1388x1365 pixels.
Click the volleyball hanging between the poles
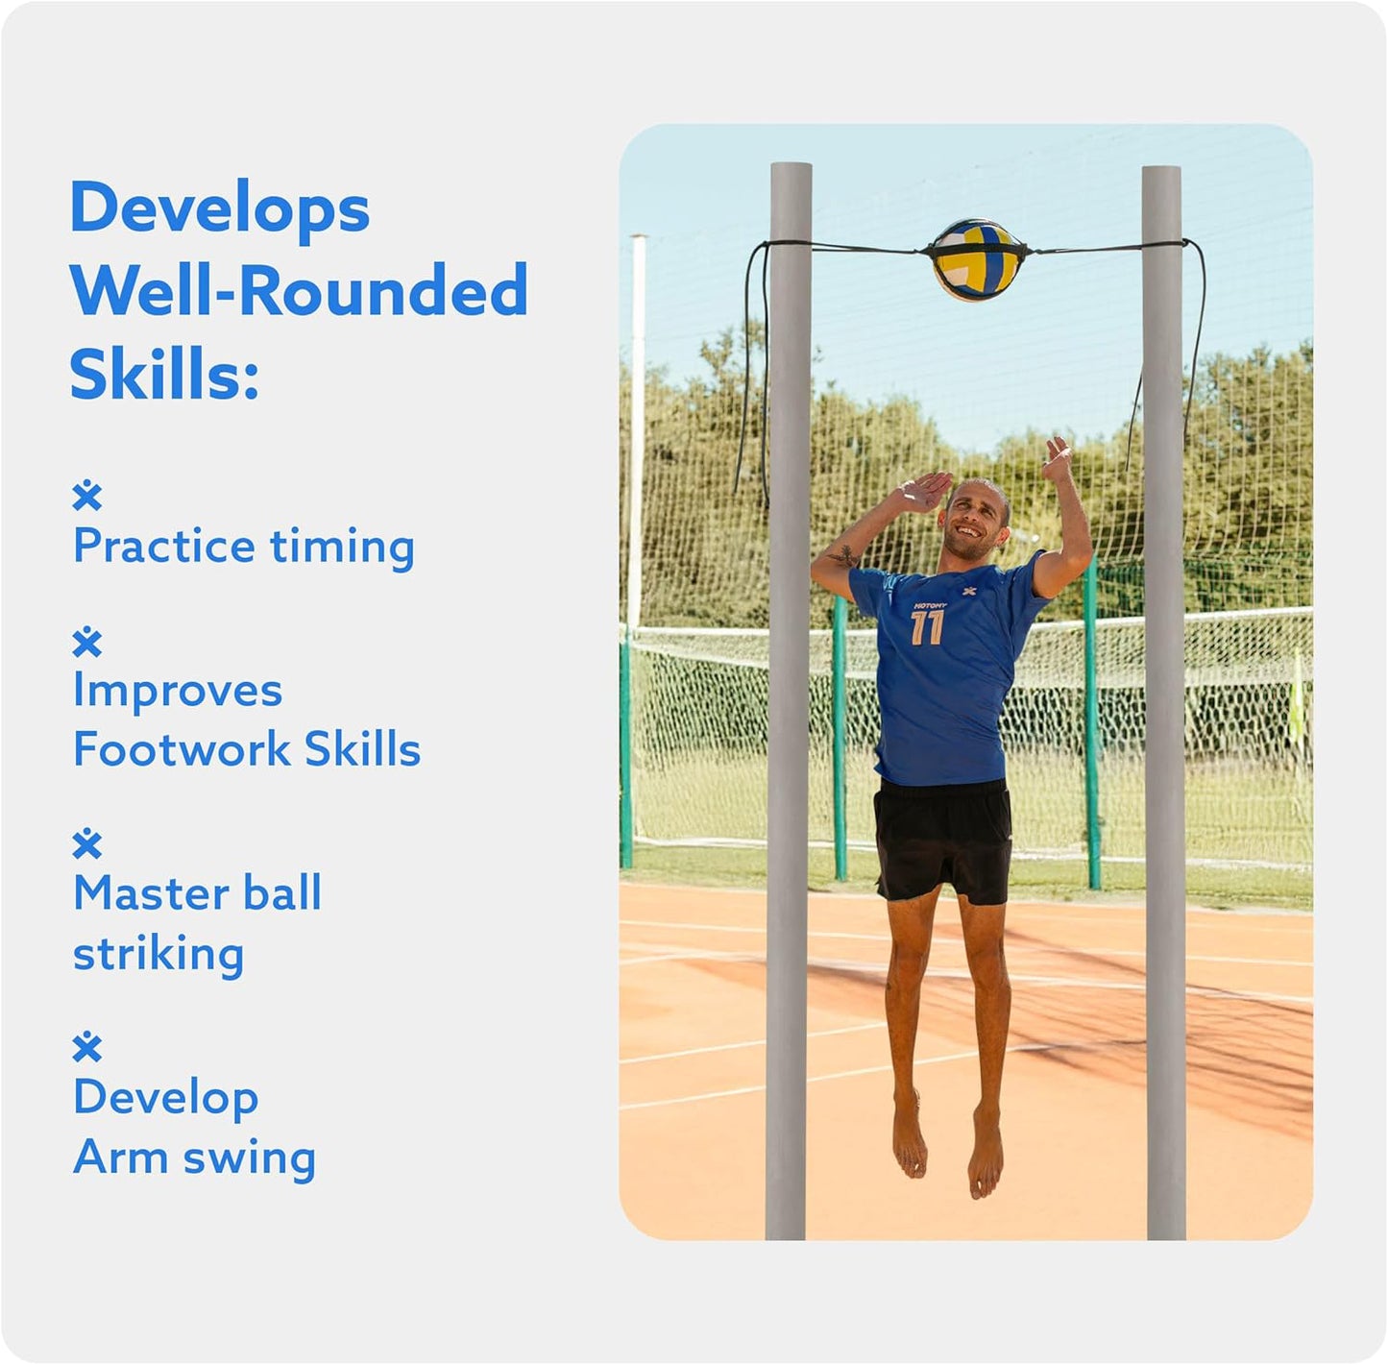point(976,259)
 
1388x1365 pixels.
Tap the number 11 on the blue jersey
point(927,628)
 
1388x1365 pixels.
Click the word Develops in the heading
point(220,208)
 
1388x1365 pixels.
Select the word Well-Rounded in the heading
point(299,290)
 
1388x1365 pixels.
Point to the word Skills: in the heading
point(164,374)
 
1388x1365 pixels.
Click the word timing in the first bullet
point(342,546)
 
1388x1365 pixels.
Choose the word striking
point(158,954)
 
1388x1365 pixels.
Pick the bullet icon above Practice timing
point(87,496)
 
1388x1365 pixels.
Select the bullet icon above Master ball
point(87,843)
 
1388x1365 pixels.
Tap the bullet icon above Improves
point(87,642)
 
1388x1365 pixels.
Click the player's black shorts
point(942,839)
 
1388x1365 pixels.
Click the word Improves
point(178,690)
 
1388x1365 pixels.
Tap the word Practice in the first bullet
point(164,547)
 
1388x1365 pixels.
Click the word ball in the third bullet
point(282,893)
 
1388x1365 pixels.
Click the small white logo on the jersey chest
point(969,591)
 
